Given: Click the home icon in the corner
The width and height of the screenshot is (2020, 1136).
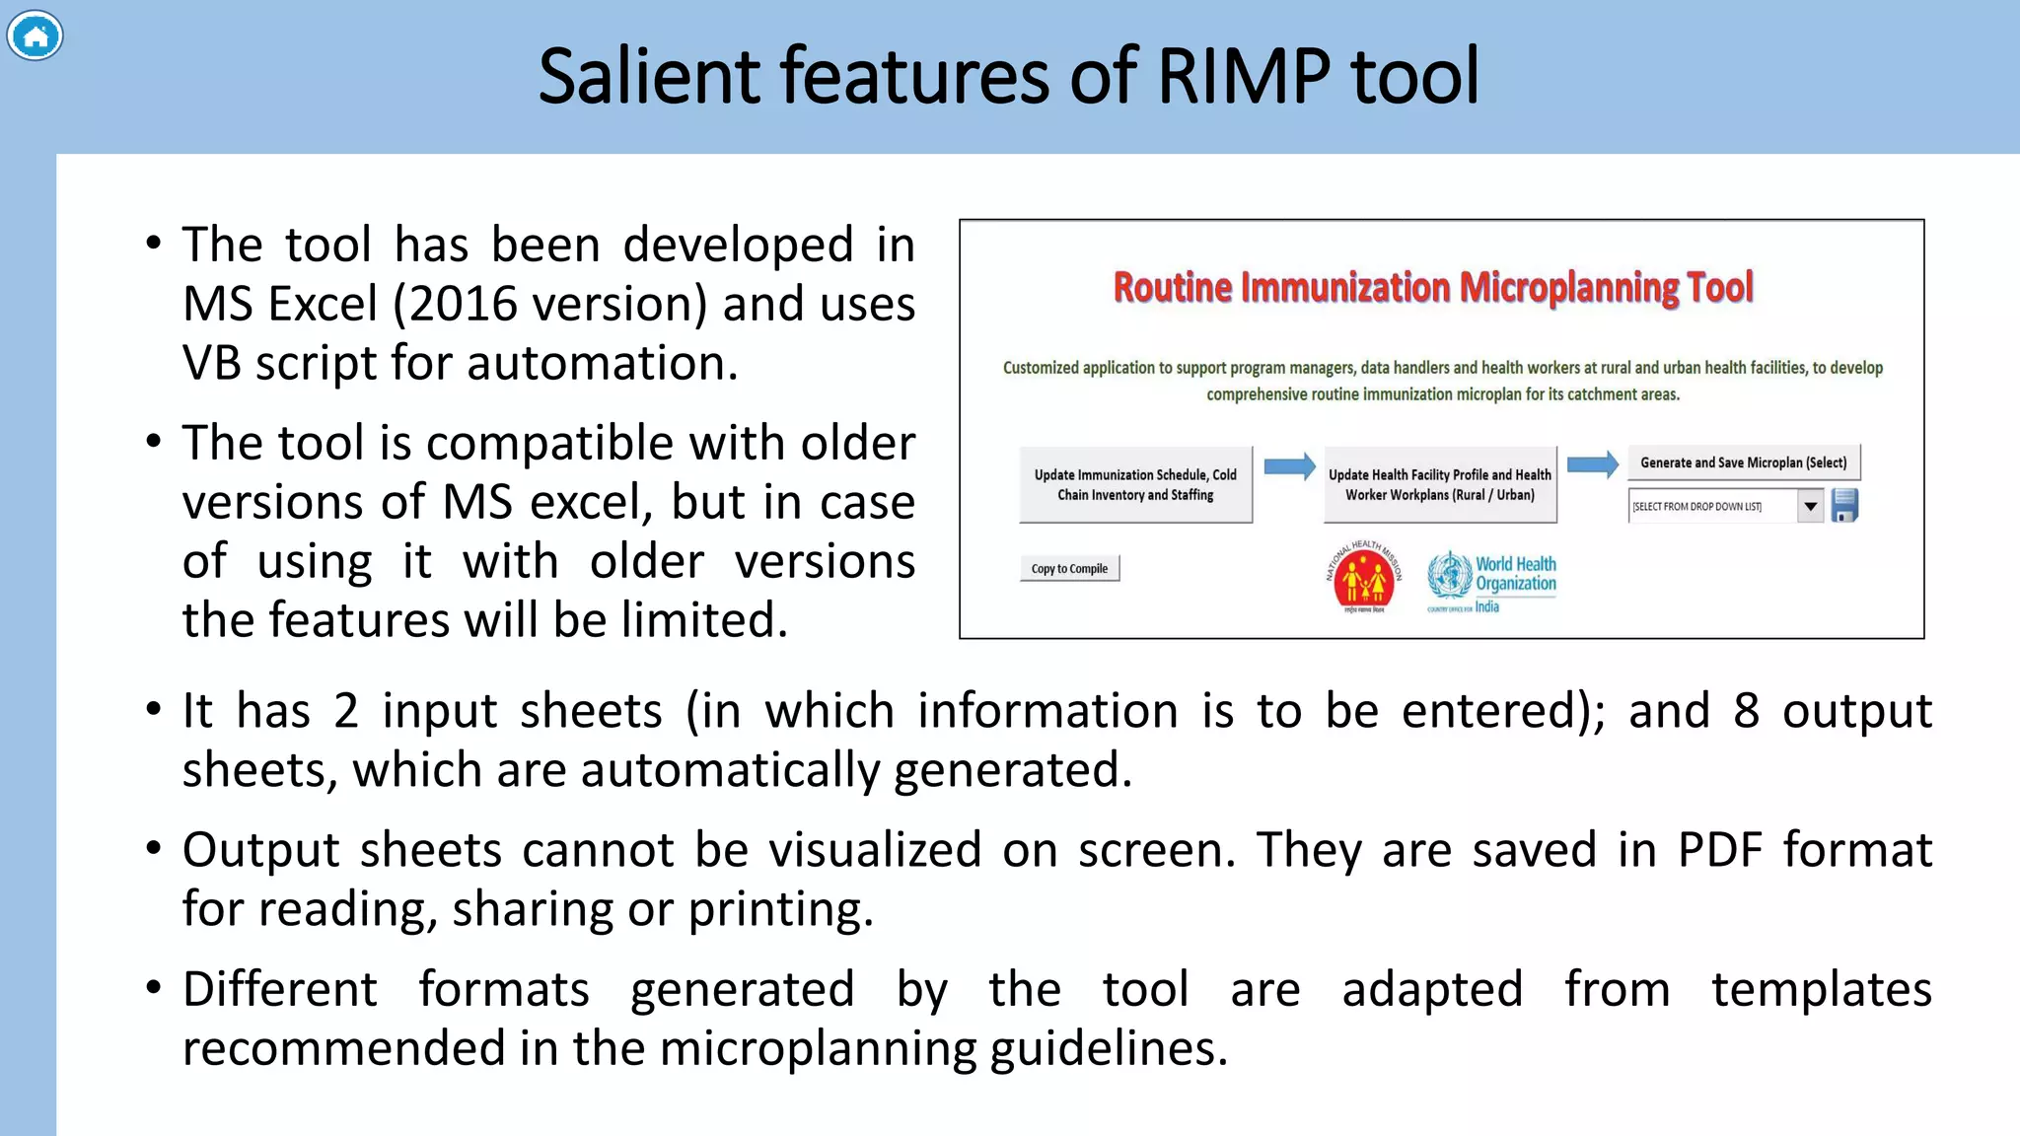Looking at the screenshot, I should click(x=35, y=36).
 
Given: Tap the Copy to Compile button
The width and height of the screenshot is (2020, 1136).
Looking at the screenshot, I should click(x=1069, y=569).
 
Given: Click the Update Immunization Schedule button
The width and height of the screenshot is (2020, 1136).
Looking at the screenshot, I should click(x=1135, y=485).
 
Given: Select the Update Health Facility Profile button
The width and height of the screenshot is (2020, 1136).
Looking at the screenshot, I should click(x=1439, y=485).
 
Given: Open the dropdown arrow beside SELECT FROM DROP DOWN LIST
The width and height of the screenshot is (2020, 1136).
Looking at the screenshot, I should click(x=1810, y=507).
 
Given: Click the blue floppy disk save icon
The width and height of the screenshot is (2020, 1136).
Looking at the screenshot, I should click(x=1844, y=506).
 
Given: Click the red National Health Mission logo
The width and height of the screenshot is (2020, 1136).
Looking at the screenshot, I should click(x=1363, y=578).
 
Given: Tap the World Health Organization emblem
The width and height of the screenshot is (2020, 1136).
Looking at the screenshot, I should click(x=1449, y=576).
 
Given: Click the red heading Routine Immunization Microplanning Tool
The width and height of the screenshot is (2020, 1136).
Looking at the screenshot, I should click(x=1432, y=288).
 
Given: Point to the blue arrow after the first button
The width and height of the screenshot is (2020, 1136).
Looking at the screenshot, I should click(x=1289, y=466).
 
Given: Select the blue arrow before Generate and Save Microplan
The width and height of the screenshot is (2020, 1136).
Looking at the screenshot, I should click(x=1592, y=464).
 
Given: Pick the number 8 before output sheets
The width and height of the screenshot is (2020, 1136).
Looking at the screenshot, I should click(x=1746, y=711).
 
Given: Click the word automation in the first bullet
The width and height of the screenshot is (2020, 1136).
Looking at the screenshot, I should click(x=602, y=364).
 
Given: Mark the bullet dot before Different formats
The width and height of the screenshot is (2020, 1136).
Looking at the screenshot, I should click(x=153, y=987).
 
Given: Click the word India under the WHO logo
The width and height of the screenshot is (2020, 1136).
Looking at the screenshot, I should click(x=1486, y=607).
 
